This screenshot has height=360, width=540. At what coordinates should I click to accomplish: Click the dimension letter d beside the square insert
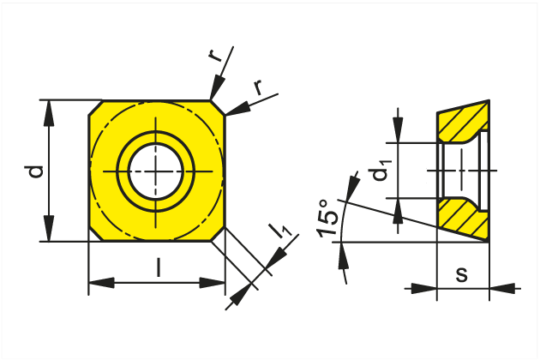(36, 171)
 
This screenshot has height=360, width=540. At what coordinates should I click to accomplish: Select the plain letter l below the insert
(158, 267)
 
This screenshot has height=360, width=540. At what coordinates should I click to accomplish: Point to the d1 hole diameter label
(380, 171)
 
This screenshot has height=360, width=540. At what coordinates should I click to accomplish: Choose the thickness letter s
(462, 274)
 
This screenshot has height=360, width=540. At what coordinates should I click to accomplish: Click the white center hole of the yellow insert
(156, 171)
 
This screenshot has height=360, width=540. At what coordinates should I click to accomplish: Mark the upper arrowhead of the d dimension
(49, 113)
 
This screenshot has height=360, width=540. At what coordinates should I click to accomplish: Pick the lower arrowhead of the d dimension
(49, 228)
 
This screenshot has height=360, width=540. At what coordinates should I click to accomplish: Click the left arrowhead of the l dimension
(102, 283)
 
